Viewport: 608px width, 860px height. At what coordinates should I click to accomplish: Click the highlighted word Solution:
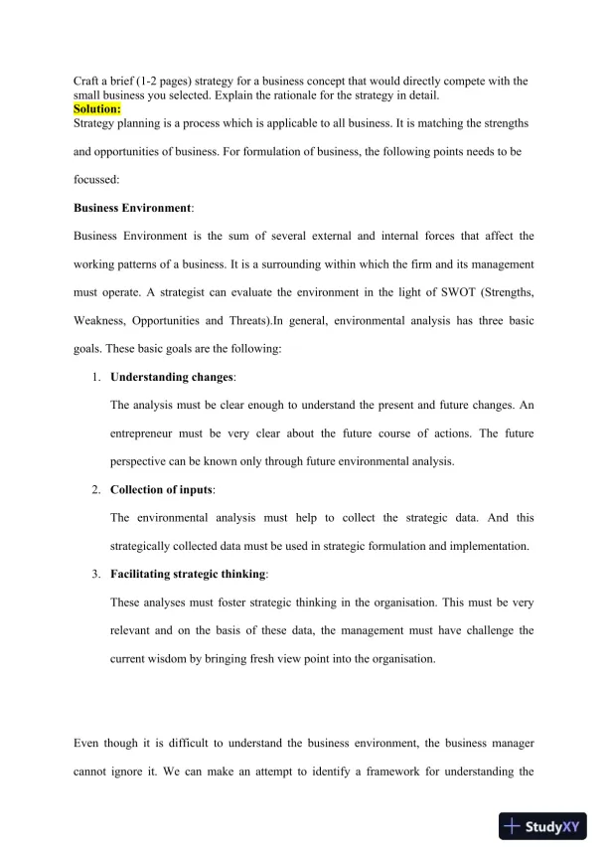[x=97, y=108]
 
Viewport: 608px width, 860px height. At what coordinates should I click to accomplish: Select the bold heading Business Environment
[x=133, y=209]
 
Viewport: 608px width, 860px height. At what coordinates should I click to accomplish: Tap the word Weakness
[x=103, y=321]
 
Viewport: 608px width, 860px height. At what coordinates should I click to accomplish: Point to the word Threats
[x=275, y=321]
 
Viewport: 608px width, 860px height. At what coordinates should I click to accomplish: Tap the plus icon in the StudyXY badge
[x=513, y=825]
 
